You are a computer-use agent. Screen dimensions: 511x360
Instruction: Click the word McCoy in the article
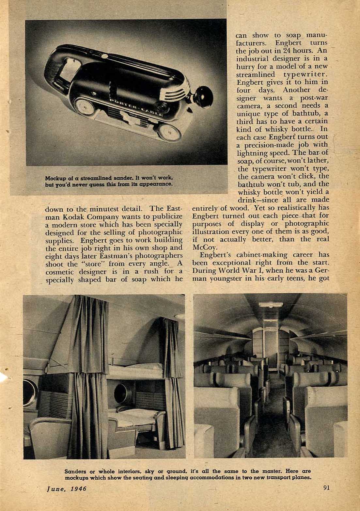point(203,247)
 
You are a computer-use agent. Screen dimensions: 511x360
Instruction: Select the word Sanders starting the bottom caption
point(75,471)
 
